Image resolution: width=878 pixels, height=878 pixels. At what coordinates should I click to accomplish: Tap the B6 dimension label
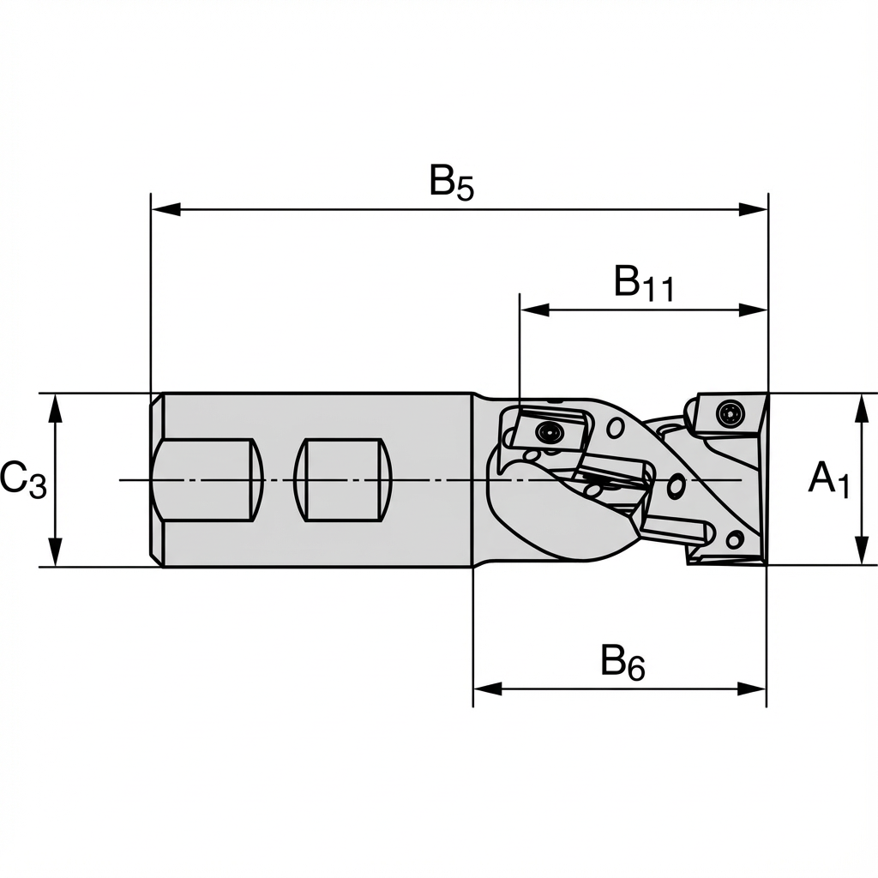(622, 663)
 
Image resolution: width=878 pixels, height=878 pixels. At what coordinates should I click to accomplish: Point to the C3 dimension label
(23, 479)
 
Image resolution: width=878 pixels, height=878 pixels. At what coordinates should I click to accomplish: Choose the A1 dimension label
(828, 479)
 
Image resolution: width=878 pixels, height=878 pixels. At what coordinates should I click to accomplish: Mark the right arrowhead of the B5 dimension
(754, 209)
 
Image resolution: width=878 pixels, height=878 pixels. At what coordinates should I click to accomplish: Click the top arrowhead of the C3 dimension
(56, 407)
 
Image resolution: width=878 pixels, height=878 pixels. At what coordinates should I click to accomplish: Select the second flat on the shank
(343, 479)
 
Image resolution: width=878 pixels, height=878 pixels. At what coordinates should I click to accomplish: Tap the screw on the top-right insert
(730, 413)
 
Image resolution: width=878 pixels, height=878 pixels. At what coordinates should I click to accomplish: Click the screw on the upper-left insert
(546, 432)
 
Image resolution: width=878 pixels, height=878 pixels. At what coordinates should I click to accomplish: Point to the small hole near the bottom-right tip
(734, 540)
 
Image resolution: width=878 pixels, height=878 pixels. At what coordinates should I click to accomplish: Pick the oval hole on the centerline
(676, 486)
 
